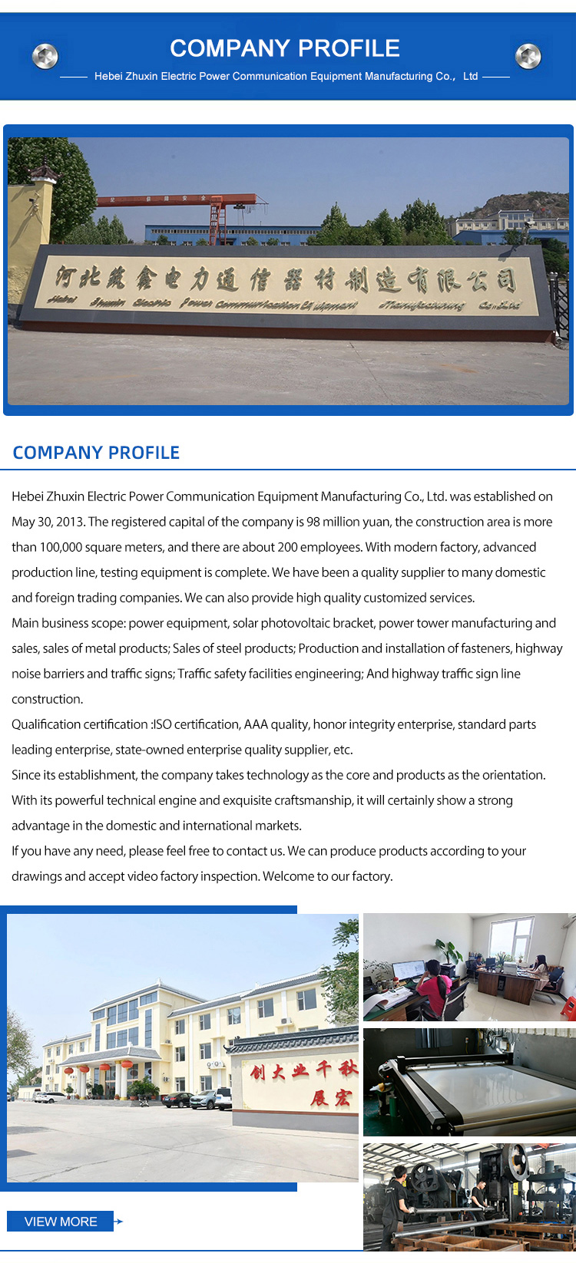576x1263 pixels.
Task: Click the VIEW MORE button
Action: [x=61, y=1222]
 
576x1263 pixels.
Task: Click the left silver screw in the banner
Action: [x=45, y=56]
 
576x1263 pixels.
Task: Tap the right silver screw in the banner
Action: [x=528, y=56]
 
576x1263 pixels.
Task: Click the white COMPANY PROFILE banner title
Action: [x=285, y=48]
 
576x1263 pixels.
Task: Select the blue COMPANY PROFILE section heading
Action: [x=96, y=453]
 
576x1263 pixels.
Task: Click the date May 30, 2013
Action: [x=47, y=522]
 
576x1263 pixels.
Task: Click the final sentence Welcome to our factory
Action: [x=328, y=876]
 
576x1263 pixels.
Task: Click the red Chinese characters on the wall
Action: [x=303, y=1082]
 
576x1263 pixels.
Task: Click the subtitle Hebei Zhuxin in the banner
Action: [x=286, y=76]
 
